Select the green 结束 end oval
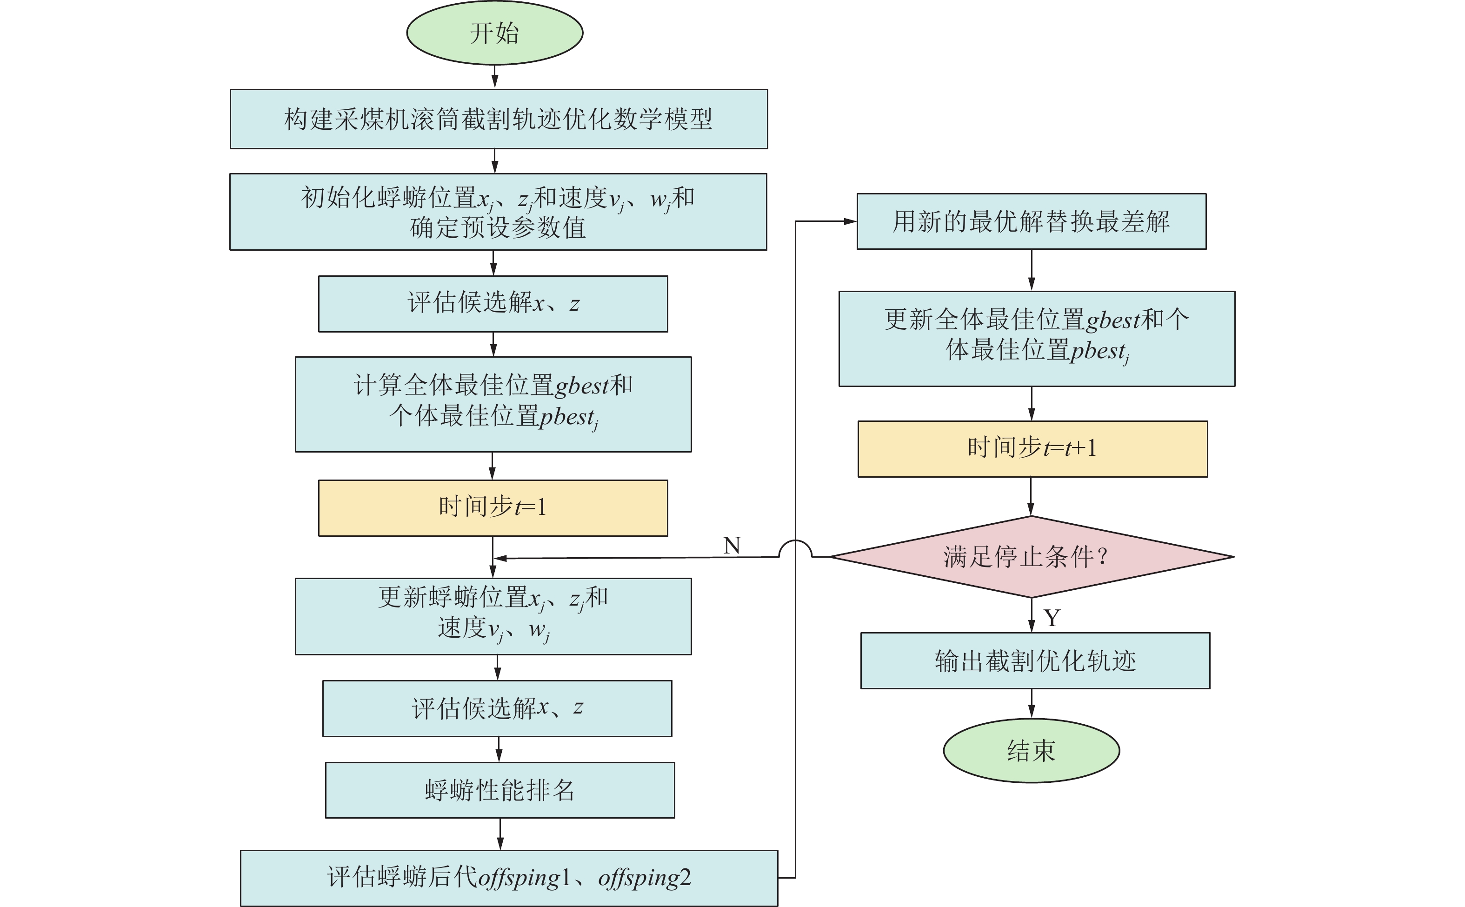click(x=1031, y=750)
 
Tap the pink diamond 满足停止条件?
click(x=1031, y=557)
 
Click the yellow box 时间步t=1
click(x=493, y=507)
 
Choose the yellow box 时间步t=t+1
click(x=1032, y=449)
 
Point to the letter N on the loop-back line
click(x=732, y=545)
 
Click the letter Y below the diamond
click(x=1052, y=618)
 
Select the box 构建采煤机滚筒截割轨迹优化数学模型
click(x=498, y=119)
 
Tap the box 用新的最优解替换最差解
click(x=1031, y=221)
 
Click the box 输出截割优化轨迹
click(x=1035, y=660)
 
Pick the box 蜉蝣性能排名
click(x=499, y=790)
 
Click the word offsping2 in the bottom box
click(x=644, y=878)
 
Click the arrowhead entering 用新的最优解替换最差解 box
click(x=850, y=221)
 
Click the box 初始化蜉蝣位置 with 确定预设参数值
click(x=498, y=212)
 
